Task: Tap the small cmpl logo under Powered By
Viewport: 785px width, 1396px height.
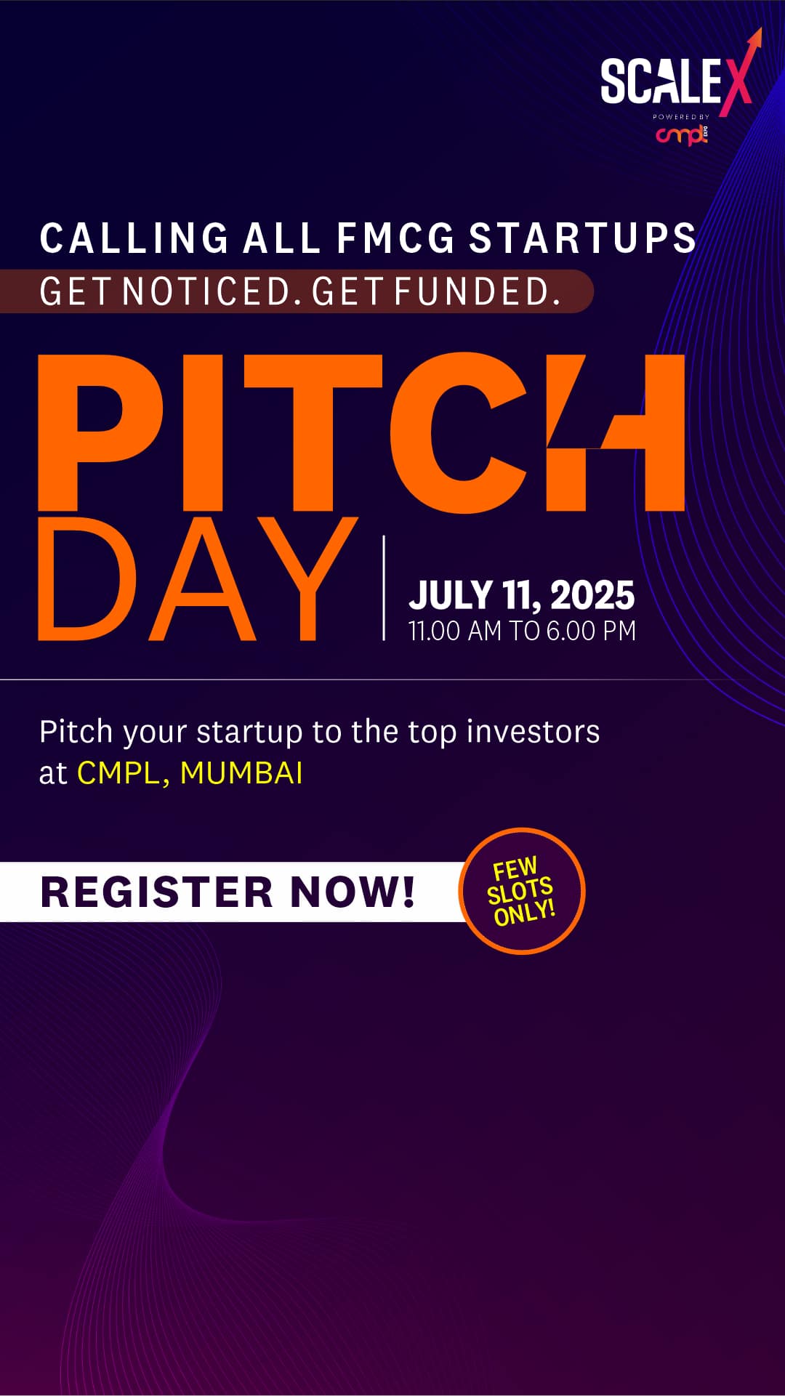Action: point(682,134)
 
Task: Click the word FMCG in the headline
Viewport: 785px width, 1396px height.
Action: point(395,238)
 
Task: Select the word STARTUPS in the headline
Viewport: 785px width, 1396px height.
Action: point(582,238)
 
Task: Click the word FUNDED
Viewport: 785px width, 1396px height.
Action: point(478,291)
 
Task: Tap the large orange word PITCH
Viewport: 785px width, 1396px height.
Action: point(361,433)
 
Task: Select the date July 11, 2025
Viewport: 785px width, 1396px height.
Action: point(521,595)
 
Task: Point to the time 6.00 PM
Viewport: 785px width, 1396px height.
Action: point(591,631)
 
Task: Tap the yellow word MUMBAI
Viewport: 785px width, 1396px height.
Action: point(241,773)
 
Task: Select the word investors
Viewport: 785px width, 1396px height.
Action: point(533,732)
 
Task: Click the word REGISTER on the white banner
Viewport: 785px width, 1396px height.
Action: point(156,892)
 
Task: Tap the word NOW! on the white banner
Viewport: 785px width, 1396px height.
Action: point(353,892)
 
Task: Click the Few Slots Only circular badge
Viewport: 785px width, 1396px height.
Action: point(522,891)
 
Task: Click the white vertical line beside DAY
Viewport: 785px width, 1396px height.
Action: point(384,588)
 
